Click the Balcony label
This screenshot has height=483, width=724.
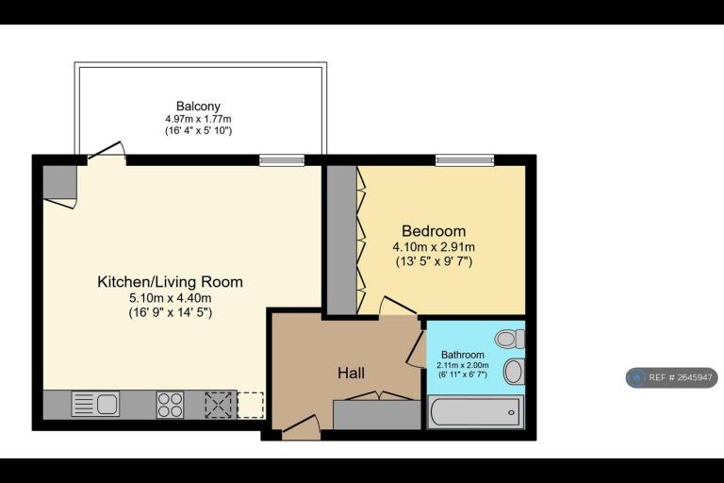point(198,107)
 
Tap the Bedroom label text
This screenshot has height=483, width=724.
point(434,230)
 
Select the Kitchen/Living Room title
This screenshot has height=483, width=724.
point(170,281)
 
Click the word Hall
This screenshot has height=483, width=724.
point(351,373)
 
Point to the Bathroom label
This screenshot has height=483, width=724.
point(463,355)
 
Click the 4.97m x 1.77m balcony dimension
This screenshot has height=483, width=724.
point(198,119)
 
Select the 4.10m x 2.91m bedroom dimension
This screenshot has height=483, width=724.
point(434,247)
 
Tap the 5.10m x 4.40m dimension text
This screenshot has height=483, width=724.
point(170,298)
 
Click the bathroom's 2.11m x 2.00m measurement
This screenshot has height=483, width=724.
point(463,365)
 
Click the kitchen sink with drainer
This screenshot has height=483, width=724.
point(95,404)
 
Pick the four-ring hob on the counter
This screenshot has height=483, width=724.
point(170,405)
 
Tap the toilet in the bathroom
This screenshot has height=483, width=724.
point(510,339)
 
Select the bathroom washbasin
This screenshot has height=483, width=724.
point(514,372)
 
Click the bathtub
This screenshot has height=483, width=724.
point(475,412)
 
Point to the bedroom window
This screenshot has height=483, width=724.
point(465,160)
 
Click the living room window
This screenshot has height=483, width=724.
point(282,160)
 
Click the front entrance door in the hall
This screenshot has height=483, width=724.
point(301,427)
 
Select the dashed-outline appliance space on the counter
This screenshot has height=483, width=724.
point(250,405)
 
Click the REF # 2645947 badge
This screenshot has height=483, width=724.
point(672,377)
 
